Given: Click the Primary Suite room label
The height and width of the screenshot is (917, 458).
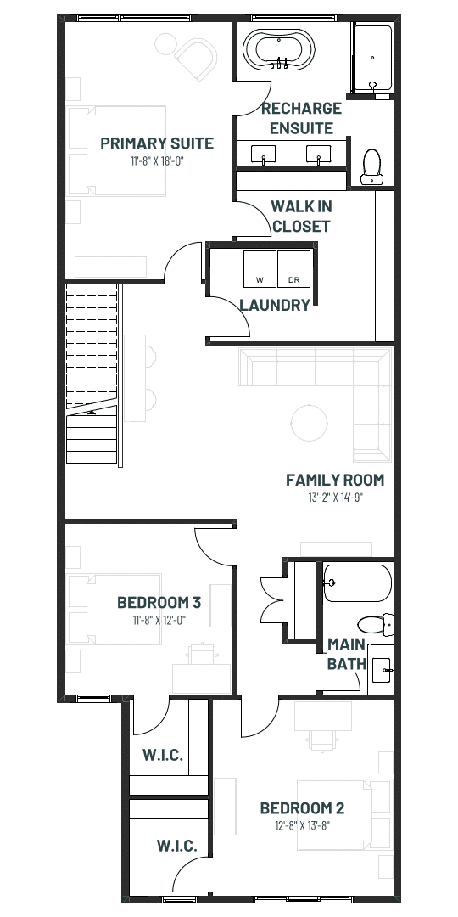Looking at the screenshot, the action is (x=157, y=143).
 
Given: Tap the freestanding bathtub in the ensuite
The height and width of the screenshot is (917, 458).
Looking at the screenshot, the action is (x=279, y=50).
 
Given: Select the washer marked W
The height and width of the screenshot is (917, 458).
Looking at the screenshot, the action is (x=260, y=269).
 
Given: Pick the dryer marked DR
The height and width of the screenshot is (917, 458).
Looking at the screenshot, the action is (x=293, y=269).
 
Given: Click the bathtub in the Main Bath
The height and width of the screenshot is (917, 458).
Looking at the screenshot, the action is (x=357, y=583).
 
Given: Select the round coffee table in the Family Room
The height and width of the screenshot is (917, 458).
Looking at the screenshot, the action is (x=309, y=422).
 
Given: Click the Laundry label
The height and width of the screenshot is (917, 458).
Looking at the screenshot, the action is (x=275, y=305).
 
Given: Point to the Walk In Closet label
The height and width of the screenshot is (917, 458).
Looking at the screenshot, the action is (x=301, y=216).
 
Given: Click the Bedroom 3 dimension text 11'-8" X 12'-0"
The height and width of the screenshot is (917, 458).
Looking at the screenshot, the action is (x=159, y=620).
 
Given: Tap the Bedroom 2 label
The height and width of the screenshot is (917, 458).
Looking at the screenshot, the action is (x=302, y=808).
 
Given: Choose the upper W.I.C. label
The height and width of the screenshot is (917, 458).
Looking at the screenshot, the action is (x=163, y=755).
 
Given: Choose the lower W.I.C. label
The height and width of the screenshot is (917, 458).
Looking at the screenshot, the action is (x=176, y=846).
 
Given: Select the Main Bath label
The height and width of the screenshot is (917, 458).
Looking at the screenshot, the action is (x=346, y=654).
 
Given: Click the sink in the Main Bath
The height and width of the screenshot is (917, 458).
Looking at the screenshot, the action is (x=381, y=670).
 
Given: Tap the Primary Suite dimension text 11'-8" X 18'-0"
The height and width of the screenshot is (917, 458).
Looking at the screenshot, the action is (x=158, y=161).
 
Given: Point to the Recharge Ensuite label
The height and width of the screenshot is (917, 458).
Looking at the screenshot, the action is (x=301, y=118).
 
